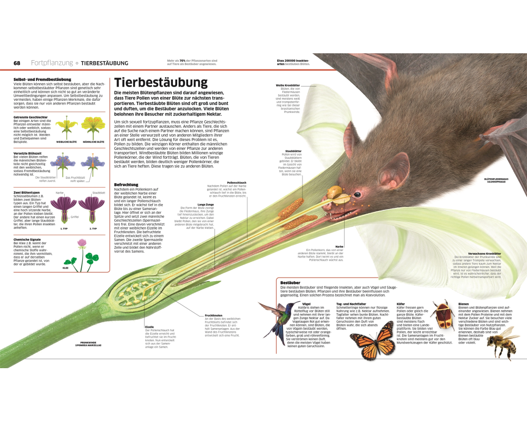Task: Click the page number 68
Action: point(17,63)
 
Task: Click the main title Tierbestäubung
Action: point(161,83)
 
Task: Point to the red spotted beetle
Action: point(442,315)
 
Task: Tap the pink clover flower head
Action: point(82,243)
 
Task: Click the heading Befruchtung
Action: point(126,184)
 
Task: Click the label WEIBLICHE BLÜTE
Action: point(67,142)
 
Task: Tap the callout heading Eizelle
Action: point(150,327)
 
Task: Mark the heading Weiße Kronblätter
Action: point(288,85)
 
